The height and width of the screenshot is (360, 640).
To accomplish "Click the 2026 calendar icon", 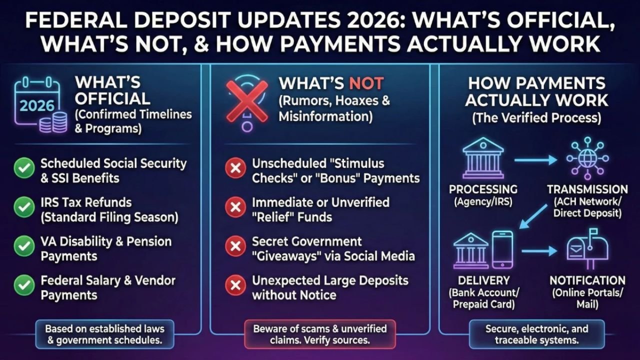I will point(37,103).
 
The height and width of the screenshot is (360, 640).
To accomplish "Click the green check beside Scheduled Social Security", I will point(23,169).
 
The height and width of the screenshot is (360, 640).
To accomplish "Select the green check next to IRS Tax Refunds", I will point(23,208).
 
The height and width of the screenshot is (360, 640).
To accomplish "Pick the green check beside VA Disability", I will point(23,247).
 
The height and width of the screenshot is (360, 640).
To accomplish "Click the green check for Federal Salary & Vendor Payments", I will point(23,286).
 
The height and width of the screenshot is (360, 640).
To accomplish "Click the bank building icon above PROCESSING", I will point(483,159).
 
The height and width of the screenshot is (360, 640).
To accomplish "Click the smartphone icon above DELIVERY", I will point(502,249).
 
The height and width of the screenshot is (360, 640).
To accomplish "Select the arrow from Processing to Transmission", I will point(535,160).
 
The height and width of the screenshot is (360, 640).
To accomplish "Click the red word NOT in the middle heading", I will point(366,83).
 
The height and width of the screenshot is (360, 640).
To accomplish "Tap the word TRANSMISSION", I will point(587,189).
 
